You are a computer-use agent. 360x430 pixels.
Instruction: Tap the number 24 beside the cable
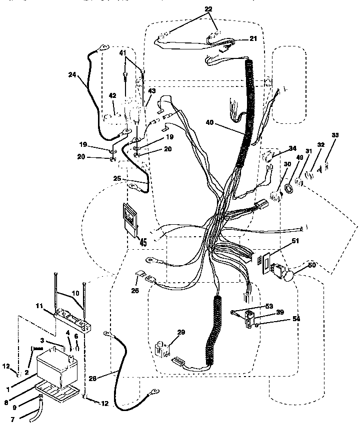[73, 74]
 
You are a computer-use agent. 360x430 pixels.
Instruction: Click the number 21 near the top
[253, 38]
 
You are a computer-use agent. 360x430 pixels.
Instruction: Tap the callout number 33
[334, 135]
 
